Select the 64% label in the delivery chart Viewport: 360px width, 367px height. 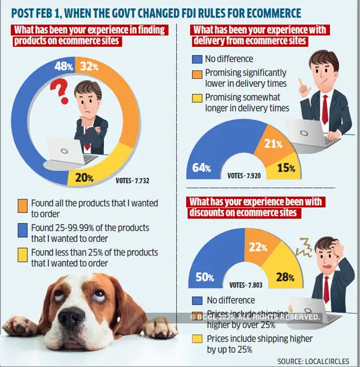tap(202, 168)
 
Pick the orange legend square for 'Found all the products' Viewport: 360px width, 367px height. tap(23, 204)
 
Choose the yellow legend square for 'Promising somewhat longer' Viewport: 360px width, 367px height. tap(198, 98)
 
